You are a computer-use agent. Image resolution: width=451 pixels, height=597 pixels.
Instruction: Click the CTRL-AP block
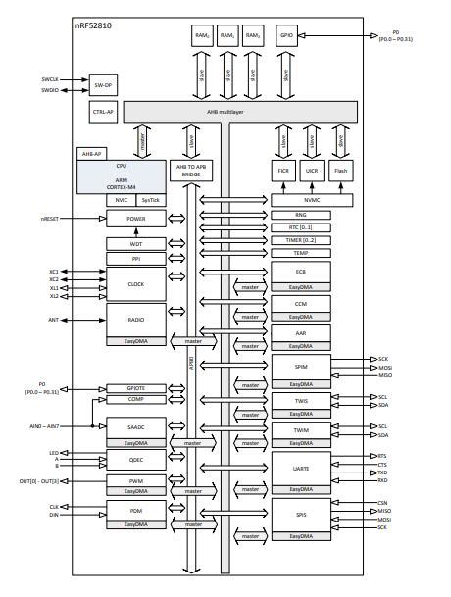click(103, 113)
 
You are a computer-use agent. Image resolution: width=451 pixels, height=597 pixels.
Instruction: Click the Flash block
click(340, 170)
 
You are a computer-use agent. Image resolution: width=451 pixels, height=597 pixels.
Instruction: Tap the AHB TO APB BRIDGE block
click(192, 171)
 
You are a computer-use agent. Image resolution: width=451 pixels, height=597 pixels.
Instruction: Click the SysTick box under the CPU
click(149, 200)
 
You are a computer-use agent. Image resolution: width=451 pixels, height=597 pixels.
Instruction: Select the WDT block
click(135, 243)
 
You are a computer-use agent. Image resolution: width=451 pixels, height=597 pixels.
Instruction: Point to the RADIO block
click(135, 319)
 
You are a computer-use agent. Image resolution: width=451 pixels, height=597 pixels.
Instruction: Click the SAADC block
click(135, 427)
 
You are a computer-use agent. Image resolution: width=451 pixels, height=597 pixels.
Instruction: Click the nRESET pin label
click(52, 218)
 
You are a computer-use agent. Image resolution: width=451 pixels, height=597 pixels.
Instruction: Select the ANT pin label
click(53, 320)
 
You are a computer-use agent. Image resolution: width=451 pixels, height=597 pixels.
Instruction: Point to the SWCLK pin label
click(50, 78)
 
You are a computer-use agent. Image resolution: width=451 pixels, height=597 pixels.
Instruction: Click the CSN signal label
click(383, 502)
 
